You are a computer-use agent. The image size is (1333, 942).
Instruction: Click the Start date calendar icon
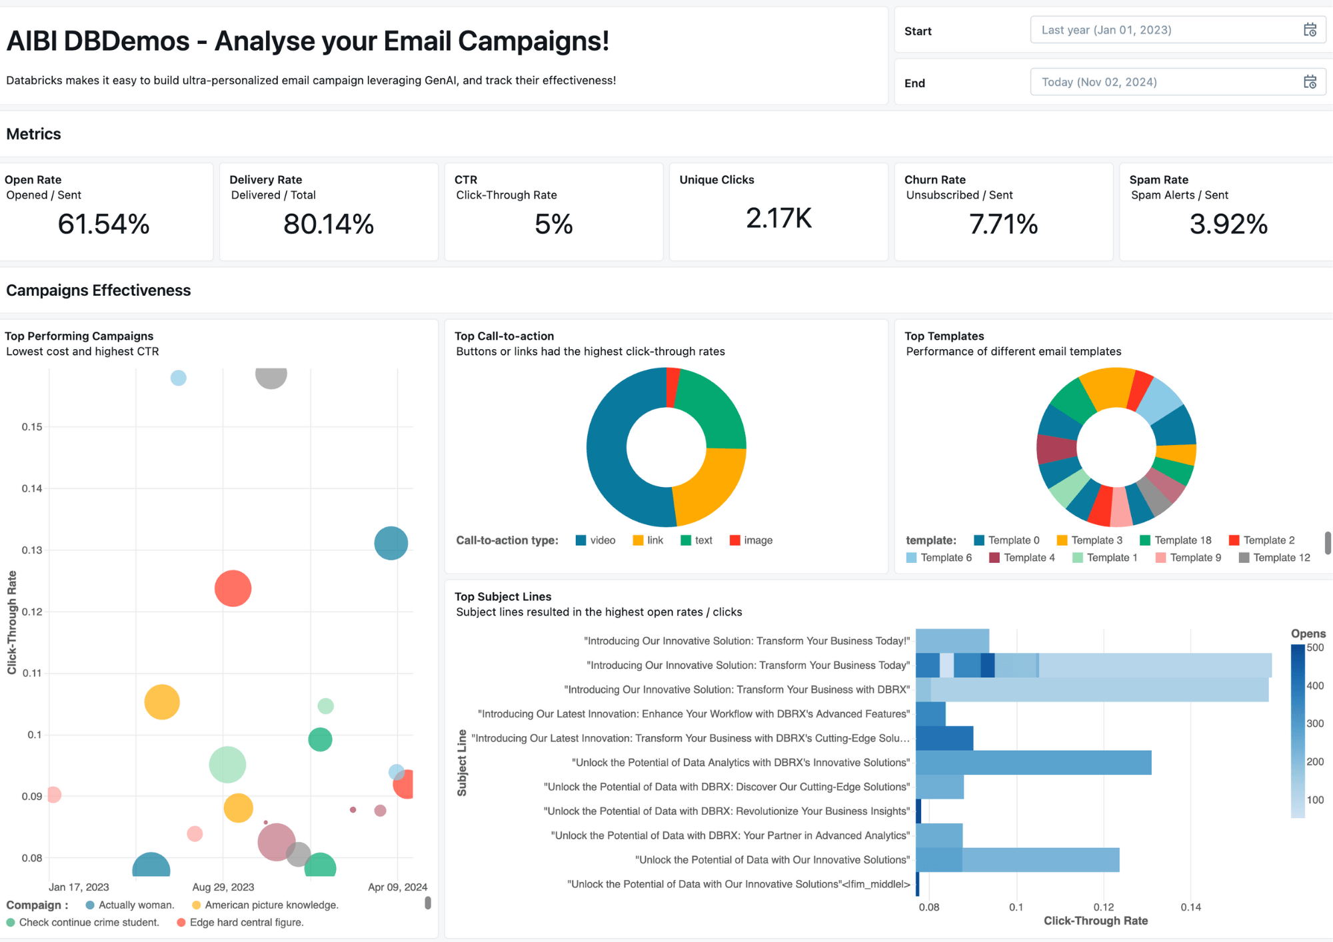(1310, 30)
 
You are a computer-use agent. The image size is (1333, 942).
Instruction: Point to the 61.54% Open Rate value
(103, 224)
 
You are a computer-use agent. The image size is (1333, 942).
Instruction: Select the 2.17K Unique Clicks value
(778, 219)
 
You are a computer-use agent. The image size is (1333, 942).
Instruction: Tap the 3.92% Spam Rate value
(1228, 224)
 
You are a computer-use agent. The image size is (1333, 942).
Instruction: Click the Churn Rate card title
(934, 180)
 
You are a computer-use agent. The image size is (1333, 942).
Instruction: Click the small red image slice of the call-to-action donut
(672, 387)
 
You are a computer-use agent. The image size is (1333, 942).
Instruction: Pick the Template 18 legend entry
(1176, 540)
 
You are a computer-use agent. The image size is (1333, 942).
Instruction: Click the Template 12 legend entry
(1274, 558)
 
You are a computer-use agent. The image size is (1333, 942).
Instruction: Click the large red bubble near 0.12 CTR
(233, 588)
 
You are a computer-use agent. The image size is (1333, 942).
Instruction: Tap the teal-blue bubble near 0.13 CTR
(391, 543)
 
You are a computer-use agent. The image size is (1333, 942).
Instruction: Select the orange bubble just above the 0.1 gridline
(162, 702)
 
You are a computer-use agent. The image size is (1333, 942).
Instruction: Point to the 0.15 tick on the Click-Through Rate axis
(32, 427)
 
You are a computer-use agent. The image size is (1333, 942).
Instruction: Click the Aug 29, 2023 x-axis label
(223, 887)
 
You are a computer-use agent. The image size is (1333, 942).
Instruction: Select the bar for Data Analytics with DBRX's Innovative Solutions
(1033, 763)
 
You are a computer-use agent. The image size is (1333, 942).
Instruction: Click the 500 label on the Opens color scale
(1315, 648)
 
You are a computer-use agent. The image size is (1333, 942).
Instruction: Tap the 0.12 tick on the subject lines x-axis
(1103, 907)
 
